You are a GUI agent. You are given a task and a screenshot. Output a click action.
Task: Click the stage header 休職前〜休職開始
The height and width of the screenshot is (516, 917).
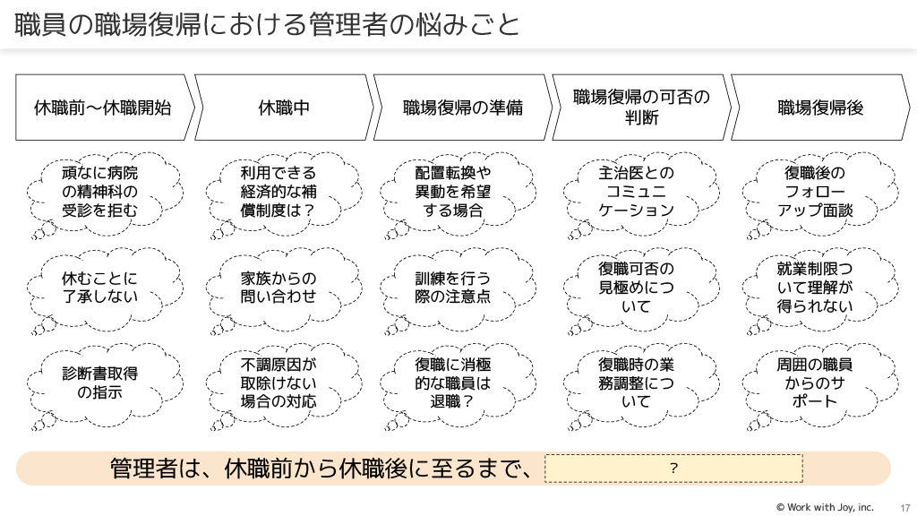click(102, 107)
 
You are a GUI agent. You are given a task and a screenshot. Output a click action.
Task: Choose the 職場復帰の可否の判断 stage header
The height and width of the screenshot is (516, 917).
click(640, 107)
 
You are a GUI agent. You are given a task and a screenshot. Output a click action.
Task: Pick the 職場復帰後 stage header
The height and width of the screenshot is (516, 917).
click(819, 107)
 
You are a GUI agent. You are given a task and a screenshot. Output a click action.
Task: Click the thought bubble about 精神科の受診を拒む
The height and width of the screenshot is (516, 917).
click(100, 192)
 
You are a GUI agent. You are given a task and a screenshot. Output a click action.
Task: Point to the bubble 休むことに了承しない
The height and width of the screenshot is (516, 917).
click(100, 287)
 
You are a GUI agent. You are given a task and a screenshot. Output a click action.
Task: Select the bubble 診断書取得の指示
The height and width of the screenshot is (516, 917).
click(100, 383)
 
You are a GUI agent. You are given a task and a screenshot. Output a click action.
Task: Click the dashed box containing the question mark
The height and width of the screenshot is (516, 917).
click(673, 469)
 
